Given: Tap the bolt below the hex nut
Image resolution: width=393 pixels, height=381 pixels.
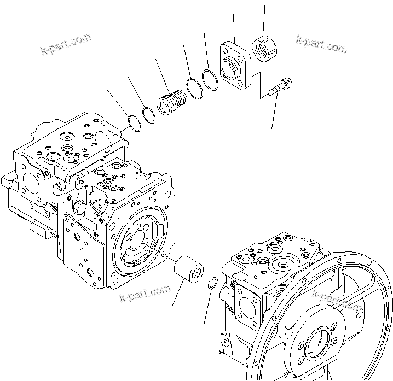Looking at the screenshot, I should click(280, 86).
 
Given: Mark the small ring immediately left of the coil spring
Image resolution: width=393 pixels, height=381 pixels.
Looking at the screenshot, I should click(148, 115).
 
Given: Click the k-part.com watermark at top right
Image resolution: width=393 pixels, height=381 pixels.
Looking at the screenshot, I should click(321, 43).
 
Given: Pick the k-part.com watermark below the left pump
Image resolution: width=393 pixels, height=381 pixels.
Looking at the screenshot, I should click(145, 294).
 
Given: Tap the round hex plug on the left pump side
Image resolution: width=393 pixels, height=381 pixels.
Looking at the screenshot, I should click(78, 207).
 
